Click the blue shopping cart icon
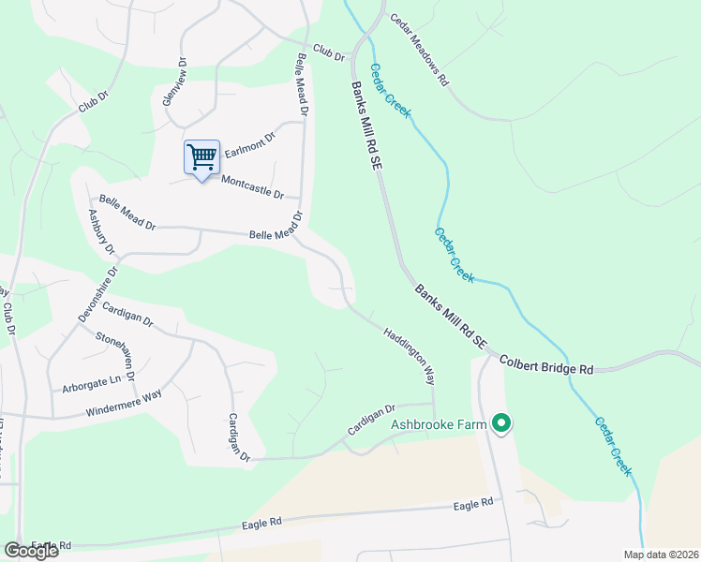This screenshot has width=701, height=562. (201, 157)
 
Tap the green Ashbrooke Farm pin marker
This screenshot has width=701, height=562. (501, 424)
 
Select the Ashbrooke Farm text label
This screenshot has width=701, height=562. (440, 424)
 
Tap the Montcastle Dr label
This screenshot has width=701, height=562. (251, 185)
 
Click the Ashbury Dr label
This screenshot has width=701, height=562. (100, 231)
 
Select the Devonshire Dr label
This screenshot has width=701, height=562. (97, 295)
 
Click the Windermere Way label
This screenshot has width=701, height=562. (123, 404)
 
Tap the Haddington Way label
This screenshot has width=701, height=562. (409, 354)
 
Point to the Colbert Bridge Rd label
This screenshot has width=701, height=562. (546, 364)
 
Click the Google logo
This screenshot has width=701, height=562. (30, 551)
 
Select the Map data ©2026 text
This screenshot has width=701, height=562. (660, 555)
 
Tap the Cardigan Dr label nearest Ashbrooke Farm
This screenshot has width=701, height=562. (372, 420)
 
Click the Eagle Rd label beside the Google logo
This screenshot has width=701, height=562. (51, 545)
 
